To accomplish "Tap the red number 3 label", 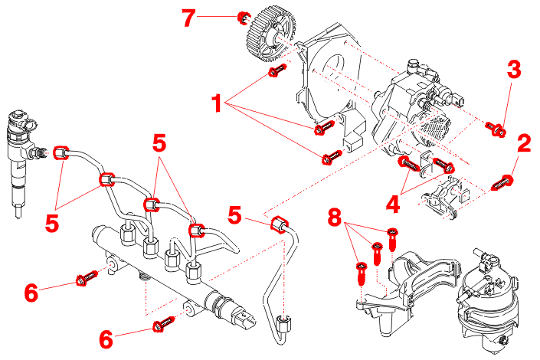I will pyautogui.click(x=513, y=69).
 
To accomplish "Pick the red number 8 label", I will pyautogui.click(x=334, y=217).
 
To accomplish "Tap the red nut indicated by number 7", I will pyautogui.click(x=243, y=17).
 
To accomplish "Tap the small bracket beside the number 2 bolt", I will pyautogui.click(x=443, y=195).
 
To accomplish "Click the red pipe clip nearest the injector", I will pyautogui.click(x=64, y=152).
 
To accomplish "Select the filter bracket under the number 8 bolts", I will pyautogui.click(x=398, y=299).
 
